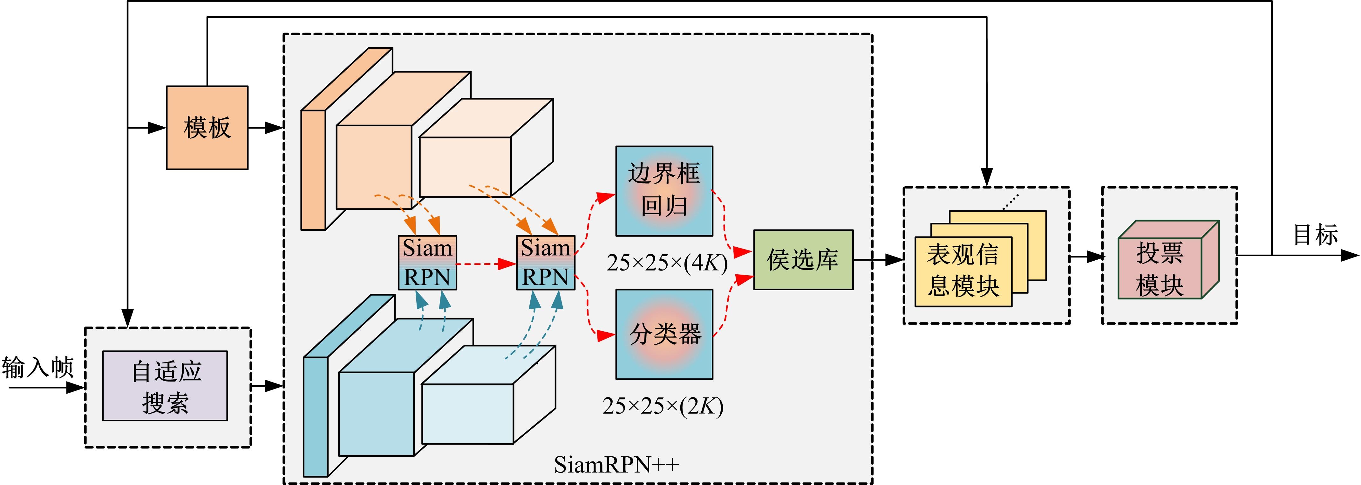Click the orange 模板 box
tap(207, 128)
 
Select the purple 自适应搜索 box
tap(165, 386)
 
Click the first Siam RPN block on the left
tap(427, 262)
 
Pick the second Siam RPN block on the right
tap(545, 262)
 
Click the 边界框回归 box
tap(664, 191)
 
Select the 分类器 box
tap(664, 334)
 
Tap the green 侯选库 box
tap(803, 260)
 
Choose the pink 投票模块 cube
tap(1160, 268)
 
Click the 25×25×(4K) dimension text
tap(667, 263)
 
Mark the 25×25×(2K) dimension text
tap(663, 406)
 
